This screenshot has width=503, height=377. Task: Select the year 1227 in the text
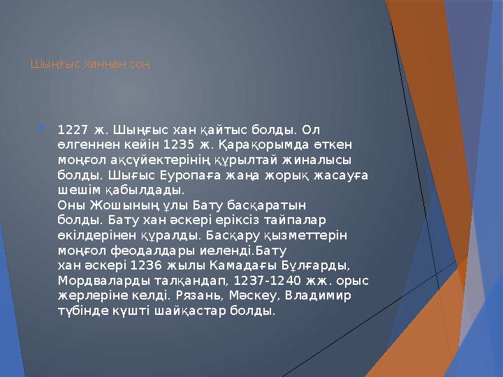73,130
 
